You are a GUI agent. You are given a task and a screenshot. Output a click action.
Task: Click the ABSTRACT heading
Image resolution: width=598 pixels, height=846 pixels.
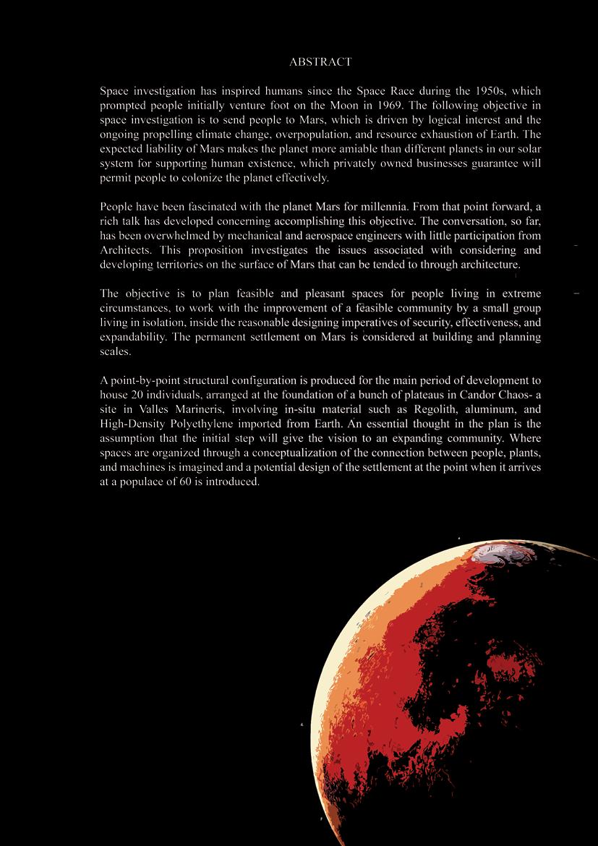(320, 62)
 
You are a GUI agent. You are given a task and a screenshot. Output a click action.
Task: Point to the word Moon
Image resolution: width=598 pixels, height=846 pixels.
(335, 106)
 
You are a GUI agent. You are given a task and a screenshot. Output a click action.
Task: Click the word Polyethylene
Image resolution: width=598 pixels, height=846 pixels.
(200, 424)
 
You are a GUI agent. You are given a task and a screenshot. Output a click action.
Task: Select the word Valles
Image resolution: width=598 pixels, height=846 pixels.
(150, 409)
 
